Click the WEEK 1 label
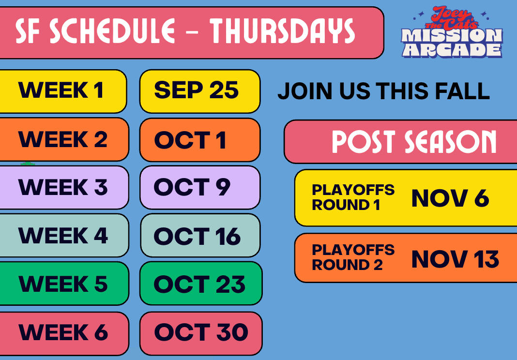pyautogui.click(x=61, y=90)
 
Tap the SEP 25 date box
pyautogui.click(x=200, y=91)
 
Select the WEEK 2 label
pyautogui.click(x=62, y=139)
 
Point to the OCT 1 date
pyautogui.click(x=190, y=140)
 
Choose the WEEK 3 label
pyautogui.click(x=63, y=187)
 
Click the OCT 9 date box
pyautogui.click(x=200, y=188)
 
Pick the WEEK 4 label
pyautogui.click(x=63, y=235)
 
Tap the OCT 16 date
pyautogui.click(x=197, y=236)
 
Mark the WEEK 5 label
pyautogui.click(x=63, y=284)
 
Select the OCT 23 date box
pyautogui.click(x=201, y=284)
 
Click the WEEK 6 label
pyautogui.click(x=63, y=332)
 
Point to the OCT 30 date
pyautogui.click(x=201, y=332)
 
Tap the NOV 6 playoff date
pyautogui.click(x=450, y=198)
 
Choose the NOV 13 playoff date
pyautogui.click(x=456, y=259)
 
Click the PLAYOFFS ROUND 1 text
pyautogui.click(x=353, y=197)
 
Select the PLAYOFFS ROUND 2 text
pyautogui.click(x=353, y=257)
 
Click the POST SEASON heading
pyautogui.click(x=414, y=142)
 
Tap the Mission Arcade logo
pyautogui.click(x=452, y=32)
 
